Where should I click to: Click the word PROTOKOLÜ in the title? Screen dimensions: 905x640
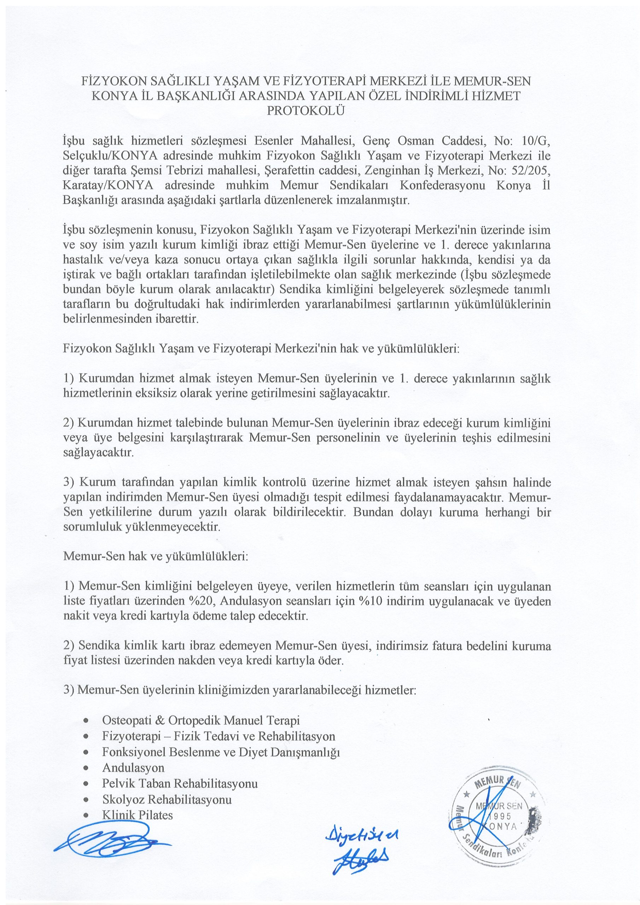[x=306, y=111]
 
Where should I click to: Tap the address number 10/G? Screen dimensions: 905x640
[x=535, y=141]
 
